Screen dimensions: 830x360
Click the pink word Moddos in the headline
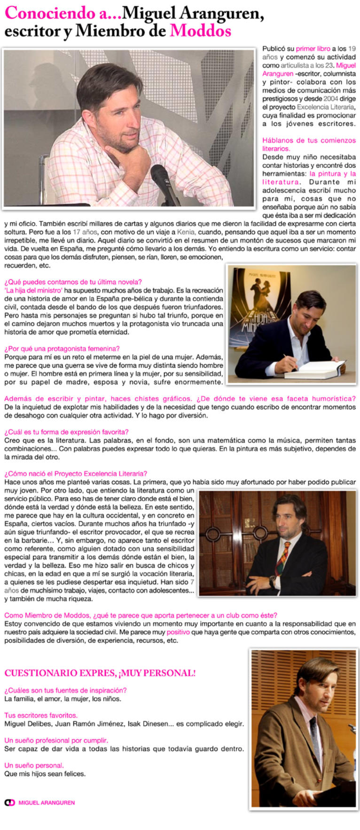pyautogui.click(x=200, y=31)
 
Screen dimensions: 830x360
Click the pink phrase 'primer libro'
pyautogui.click(x=313, y=48)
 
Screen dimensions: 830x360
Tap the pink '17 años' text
pyautogui.click(x=85, y=232)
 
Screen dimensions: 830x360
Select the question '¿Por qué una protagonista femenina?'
pyautogui.click(x=62, y=348)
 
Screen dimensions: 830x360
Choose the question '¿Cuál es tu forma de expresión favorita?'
pyautogui.click(x=66, y=432)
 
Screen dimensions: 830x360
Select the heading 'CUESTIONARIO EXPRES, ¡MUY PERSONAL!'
pyautogui.click(x=100, y=673)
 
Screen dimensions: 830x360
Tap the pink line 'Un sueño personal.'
pyautogui.click(x=34, y=765)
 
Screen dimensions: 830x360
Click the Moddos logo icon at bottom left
pyautogui.click(x=9, y=803)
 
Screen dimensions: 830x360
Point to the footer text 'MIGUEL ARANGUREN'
pyautogui.click(x=47, y=803)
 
